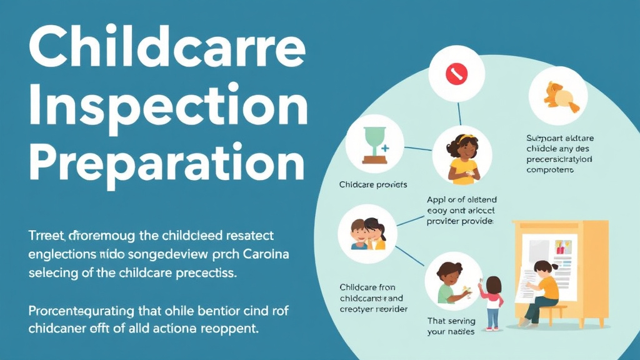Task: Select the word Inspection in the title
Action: click(168, 107)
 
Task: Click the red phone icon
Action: click(456, 74)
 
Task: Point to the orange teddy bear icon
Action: click(557, 96)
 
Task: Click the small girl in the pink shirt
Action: click(493, 302)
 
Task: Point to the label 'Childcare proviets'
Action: click(373, 185)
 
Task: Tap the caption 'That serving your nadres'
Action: click(451, 326)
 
